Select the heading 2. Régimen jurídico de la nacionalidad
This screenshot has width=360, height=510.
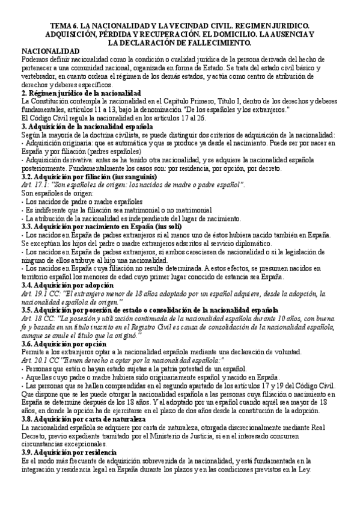click(81, 94)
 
